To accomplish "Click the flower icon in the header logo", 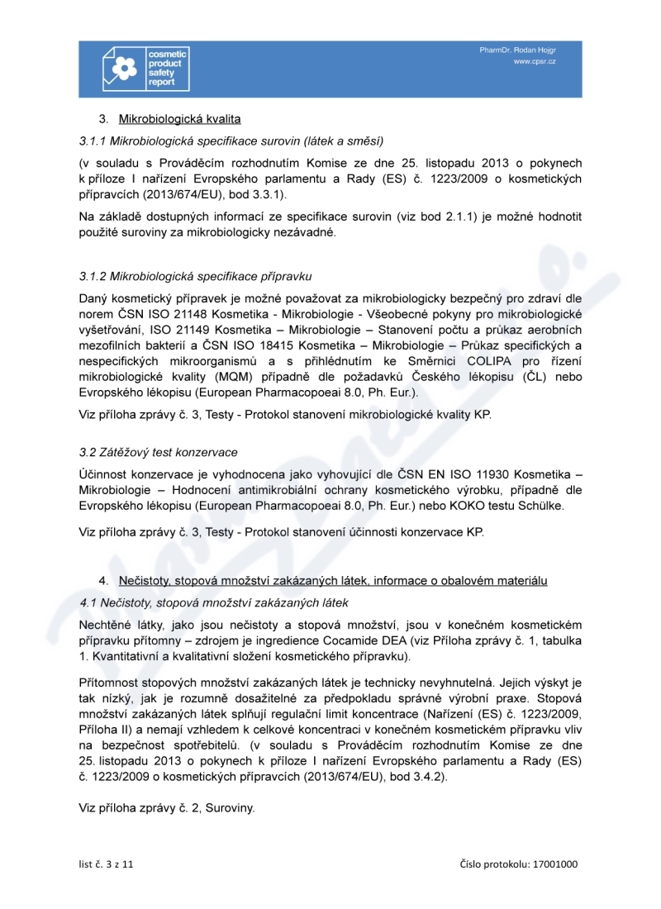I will (123, 69).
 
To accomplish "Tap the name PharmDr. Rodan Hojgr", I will (517, 50).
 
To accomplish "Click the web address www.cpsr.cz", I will (535, 62).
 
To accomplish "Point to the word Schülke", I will (540, 506).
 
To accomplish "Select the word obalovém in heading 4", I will (454, 581).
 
